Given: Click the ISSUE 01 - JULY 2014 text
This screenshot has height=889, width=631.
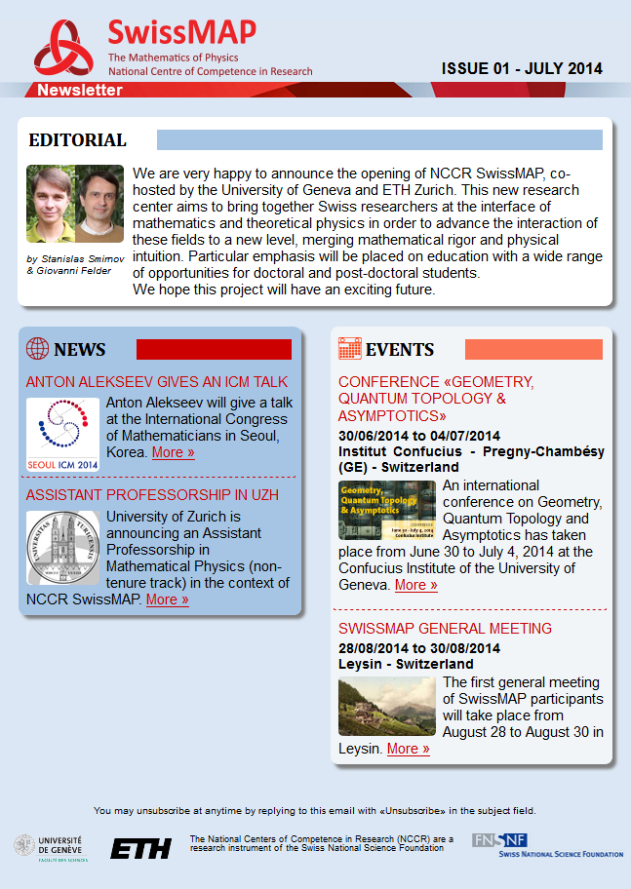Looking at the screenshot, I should [x=522, y=69].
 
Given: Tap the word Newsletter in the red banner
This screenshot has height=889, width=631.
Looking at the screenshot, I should [x=80, y=91].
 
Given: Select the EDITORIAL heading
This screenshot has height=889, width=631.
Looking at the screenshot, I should [x=78, y=140].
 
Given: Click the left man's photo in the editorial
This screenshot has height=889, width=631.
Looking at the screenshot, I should [x=50, y=204].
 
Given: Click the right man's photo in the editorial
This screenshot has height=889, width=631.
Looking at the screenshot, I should [x=99, y=204].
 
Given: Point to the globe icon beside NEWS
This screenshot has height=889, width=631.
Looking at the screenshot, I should [x=37, y=349].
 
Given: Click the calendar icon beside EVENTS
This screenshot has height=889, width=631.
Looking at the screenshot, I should [x=349, y=349].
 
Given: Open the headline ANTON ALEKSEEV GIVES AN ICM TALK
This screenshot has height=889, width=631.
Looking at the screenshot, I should [x=157, y=382].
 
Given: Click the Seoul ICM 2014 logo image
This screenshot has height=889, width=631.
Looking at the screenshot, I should [x=62, y=434].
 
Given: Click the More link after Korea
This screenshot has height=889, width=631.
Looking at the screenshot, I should [x=173, y=452].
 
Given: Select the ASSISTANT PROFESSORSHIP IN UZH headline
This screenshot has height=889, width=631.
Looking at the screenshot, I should [x=152, y=495].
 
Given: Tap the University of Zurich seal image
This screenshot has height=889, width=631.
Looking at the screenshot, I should [x=62, y=547].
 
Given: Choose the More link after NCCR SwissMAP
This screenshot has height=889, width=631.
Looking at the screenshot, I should [x=167, y=599].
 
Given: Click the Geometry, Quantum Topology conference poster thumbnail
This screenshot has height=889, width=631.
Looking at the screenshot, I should [x=387, y=510].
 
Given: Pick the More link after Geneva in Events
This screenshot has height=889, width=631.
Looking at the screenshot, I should [x=415, y=585].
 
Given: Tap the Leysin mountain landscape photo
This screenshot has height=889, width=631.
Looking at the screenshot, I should [x=387, y=706].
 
